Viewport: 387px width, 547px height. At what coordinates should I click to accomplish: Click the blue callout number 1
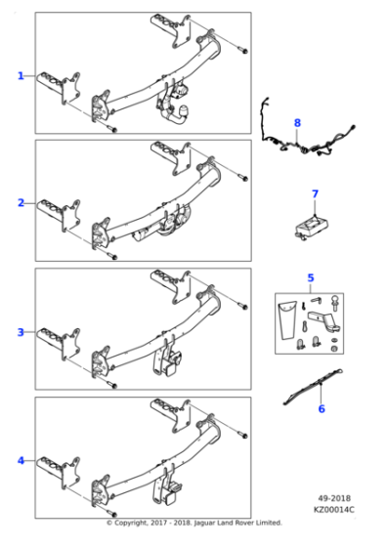click(x=21, y=75)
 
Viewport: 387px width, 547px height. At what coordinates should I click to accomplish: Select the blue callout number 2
click(x=21, y=203)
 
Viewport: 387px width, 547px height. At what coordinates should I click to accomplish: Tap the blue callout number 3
click(x=21, y=332)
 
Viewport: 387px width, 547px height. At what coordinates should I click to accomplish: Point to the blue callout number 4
click(x=21, y=460)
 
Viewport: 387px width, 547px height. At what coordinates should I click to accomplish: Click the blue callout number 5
click(x=311, y=278)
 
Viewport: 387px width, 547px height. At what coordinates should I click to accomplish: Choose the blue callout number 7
click(x=315, y=193)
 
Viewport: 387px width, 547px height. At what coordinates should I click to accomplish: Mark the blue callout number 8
click(x=297, y=122)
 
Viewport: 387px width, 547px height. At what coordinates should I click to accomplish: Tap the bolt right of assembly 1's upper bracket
click(x=243, y=49)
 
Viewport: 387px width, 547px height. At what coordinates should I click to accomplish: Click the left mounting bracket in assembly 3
click(x=59, y=342)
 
